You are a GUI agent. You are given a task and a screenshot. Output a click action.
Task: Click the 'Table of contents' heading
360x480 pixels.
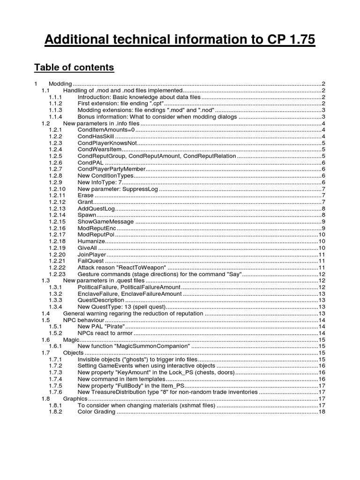[x=74, y=67]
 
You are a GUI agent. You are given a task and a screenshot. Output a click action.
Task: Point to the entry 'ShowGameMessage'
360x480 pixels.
[x=105, y=221]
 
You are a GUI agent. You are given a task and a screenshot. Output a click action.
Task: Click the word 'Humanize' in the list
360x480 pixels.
[x=91, y=241]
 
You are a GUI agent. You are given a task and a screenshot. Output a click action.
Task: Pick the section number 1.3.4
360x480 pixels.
[x=55, y=307]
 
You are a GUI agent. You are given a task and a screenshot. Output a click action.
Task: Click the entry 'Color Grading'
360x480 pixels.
[x=96, y=412]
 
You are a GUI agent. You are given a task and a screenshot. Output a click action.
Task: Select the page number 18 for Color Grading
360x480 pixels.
[x=322, y=412]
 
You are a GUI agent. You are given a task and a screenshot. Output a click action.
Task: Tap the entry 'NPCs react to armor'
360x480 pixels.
[x=106, y=333]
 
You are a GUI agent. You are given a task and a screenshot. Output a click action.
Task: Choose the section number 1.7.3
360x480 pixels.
[x=55, y=372]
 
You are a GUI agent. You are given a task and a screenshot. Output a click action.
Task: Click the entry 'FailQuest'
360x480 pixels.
[x=90, y=261]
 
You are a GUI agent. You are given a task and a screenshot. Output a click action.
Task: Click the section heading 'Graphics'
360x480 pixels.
[x=75, y=398]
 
